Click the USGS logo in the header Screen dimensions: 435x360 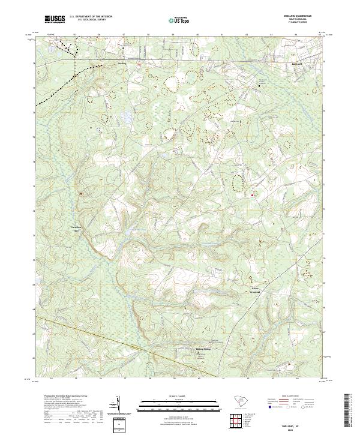(x=55, y=20)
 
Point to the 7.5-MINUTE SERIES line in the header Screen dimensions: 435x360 (x=303, y=23)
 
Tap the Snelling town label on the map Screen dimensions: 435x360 (x=123, y=62)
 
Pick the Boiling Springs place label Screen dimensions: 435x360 (x=204, y=349)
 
